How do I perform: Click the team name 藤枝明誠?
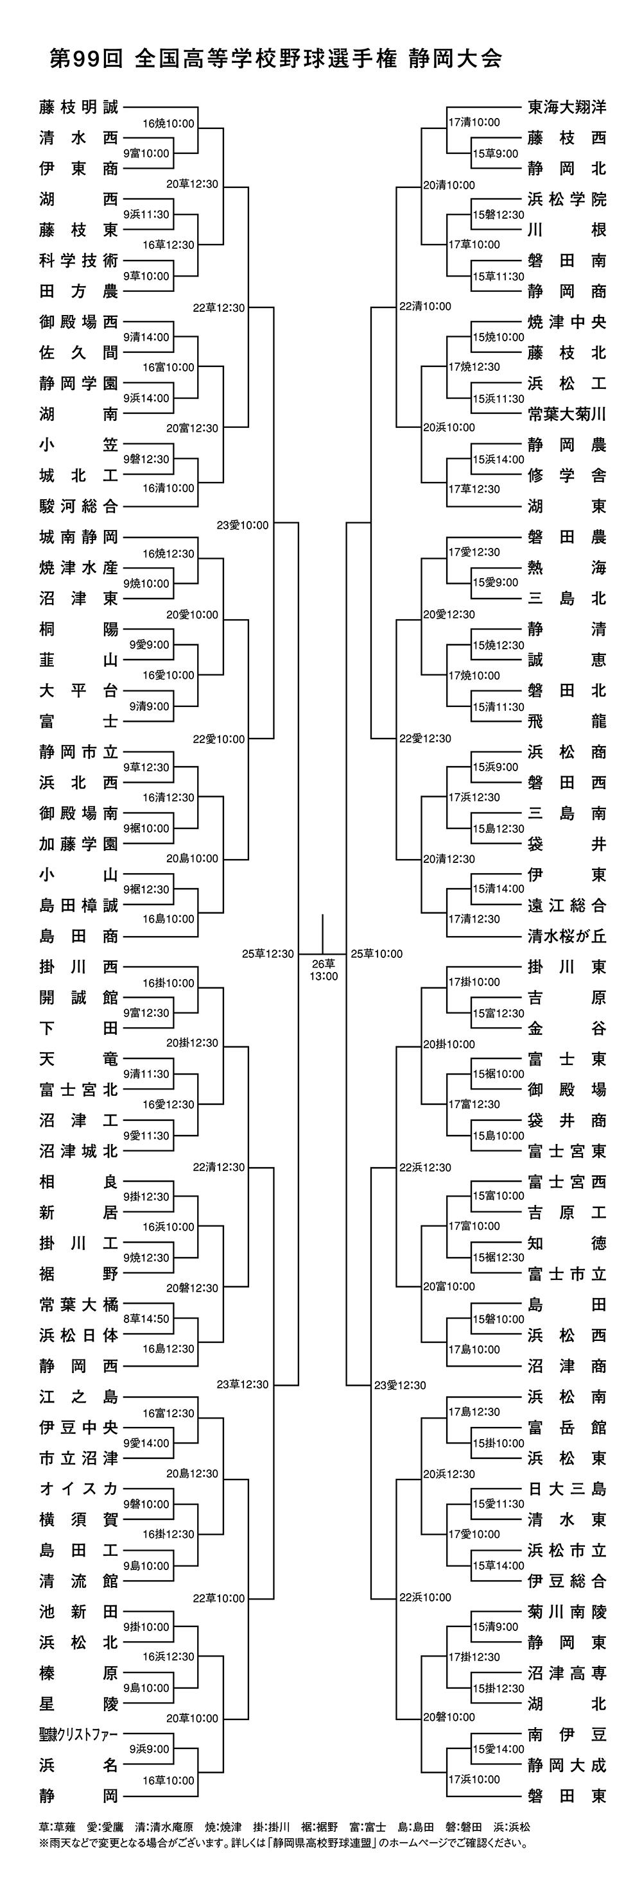(x=78, y=107)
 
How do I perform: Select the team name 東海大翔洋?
(x=567, y=107)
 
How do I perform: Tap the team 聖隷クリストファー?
(x=78, y=1734)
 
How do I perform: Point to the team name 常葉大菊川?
(x=567, y=413)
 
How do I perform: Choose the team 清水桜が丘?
(x=567, y=936)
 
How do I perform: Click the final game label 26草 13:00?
(x=323, y=969)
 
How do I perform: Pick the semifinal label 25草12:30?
(x=268, y=953)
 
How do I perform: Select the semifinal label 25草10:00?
(x=377, y=953)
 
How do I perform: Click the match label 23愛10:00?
(x=242, y=525)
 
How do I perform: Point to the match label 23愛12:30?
(x=400, y=1385)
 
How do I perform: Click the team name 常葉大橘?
(x=78, y=1304)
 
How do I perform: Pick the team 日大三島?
(x=567, y=1488)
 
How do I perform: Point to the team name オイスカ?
(x=78, y=1488)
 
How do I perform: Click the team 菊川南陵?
(x=567, y=1611)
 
